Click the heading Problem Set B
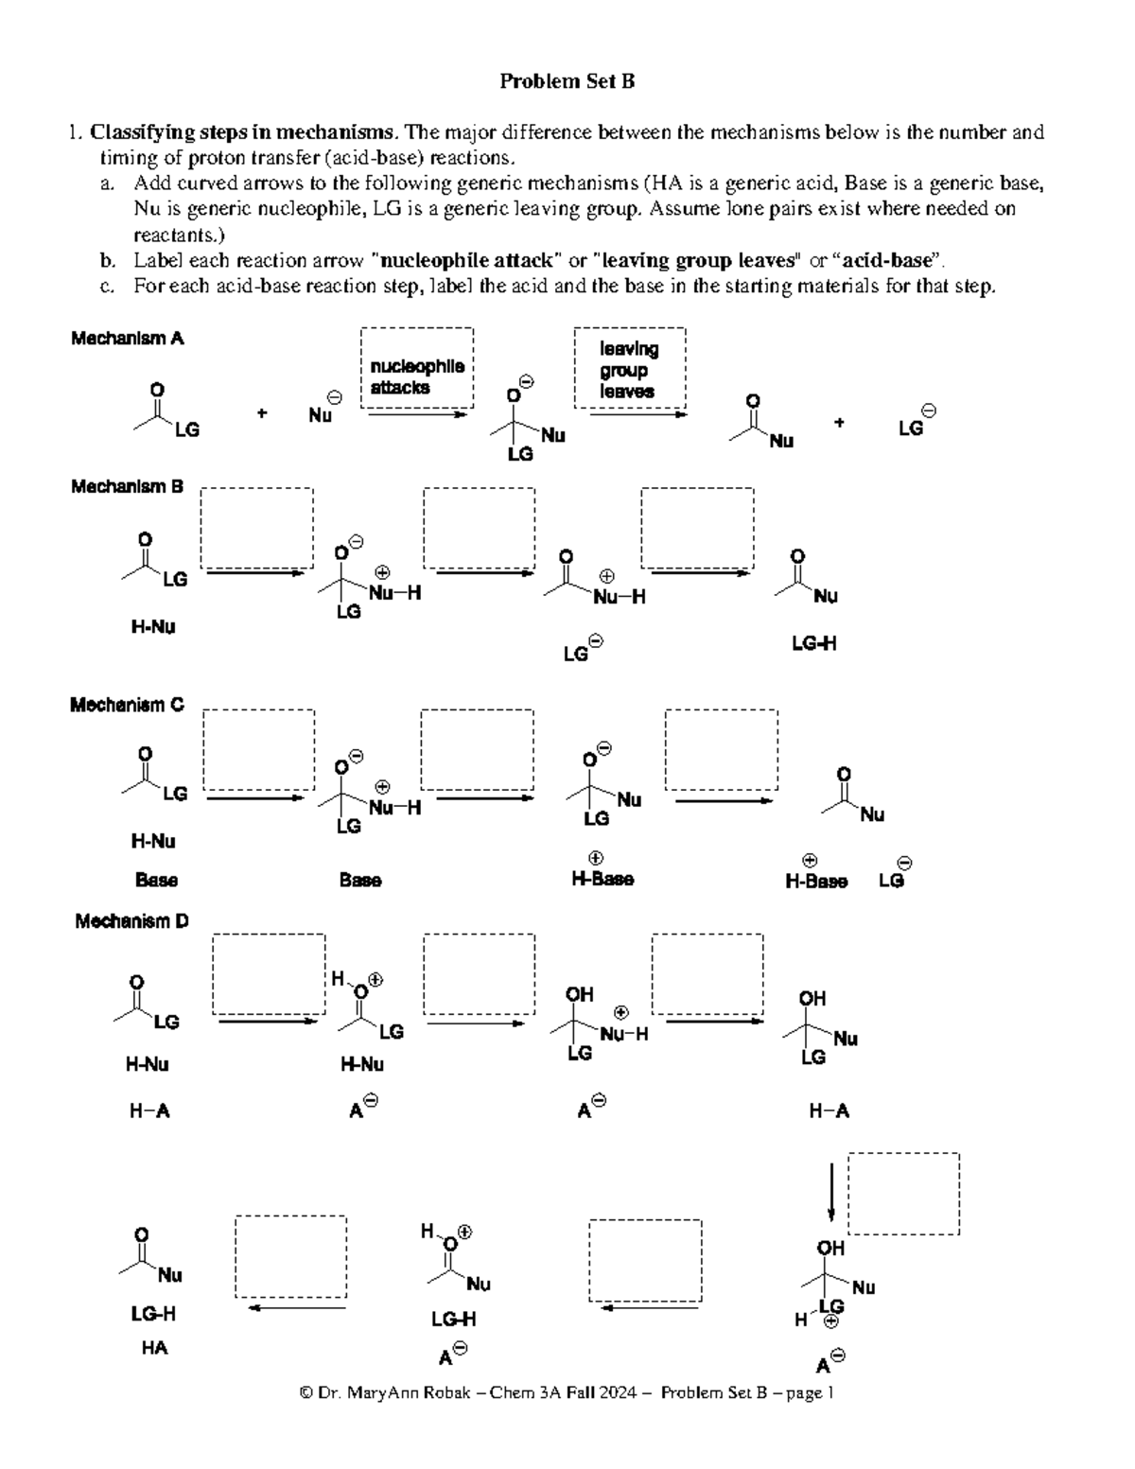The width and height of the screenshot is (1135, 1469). (x=567, y=81)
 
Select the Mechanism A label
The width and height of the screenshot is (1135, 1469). (x=127, y=339)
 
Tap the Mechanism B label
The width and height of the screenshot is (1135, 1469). (x=127, y=487)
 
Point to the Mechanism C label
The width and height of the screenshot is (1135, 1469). (x=127, y=706)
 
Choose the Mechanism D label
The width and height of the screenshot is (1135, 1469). (x=131, y=921)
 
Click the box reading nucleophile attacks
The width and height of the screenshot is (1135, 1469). (x=416, y=370)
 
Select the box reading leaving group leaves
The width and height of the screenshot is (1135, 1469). (x=630, y=369)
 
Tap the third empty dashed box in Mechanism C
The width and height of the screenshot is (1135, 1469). (x=722, y=750)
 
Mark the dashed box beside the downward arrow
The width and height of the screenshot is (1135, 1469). (x=903, y=1194)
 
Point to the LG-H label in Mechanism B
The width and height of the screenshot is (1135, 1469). (x=813, y=644)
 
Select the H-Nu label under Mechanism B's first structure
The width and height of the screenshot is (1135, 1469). (x=153, y=627)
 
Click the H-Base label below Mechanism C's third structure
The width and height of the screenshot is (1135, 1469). (x=602, y=880)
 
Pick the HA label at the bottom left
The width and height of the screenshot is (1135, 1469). (x=154, y=1348)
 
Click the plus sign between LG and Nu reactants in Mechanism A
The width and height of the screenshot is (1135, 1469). (x=262, y=413)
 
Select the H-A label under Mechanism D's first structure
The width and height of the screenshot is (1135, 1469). (x=149, y=1111)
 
